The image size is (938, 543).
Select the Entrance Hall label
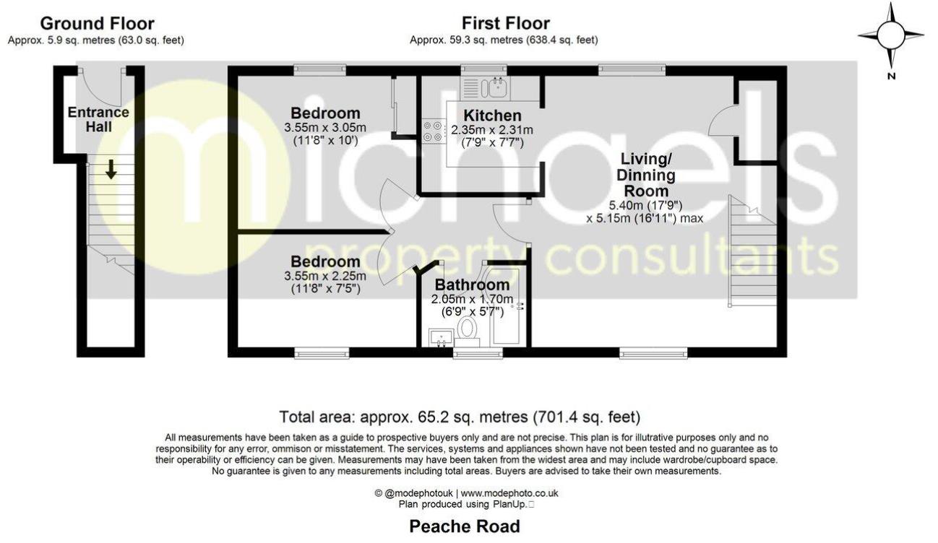tap(98, 119)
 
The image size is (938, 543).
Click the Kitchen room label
tap(492, 116)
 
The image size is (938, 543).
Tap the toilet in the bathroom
tap(468, 331)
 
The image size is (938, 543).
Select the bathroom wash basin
tap(439, 336)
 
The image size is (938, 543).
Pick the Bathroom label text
tap(472, 285)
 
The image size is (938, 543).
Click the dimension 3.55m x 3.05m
tap(325, 128)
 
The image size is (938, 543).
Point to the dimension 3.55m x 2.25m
tap(325, 275)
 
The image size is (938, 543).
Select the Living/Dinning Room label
tap(645, 175)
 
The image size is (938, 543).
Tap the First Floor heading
tap(506, 23)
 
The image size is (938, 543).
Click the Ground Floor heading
tap(96, 23)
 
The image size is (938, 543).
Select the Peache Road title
tap(465, 526)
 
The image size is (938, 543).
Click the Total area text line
tap(460, 417)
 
